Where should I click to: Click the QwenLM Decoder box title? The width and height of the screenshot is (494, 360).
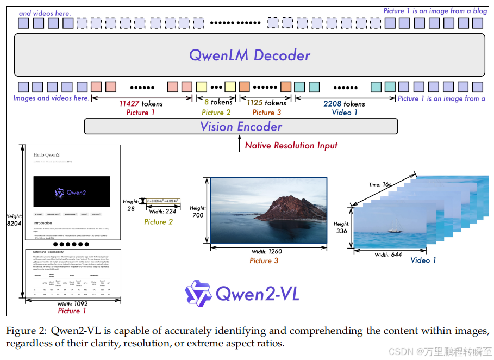(249, 55)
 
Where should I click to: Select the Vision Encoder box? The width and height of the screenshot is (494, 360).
(241, 127)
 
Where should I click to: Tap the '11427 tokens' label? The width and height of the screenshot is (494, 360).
(141, 103)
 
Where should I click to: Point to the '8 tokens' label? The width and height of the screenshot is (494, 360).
(218, 102)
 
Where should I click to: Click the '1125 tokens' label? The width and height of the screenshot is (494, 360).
(266, 103)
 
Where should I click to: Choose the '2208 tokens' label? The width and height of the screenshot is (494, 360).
(344, 103)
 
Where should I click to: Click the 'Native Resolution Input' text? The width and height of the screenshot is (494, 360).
(291, 145)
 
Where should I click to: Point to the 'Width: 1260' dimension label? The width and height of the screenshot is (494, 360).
(267, 251)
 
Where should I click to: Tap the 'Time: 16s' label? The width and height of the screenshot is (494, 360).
(380, 184)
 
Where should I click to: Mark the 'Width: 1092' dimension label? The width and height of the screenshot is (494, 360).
(72, 303)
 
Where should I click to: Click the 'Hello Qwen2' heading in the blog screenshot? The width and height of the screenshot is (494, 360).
(46, 154)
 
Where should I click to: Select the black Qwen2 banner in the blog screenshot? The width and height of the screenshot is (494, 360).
(72, 191)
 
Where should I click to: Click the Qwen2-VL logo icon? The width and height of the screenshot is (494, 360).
(198, 294)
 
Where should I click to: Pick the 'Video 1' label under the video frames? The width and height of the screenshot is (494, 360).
(423, 260)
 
